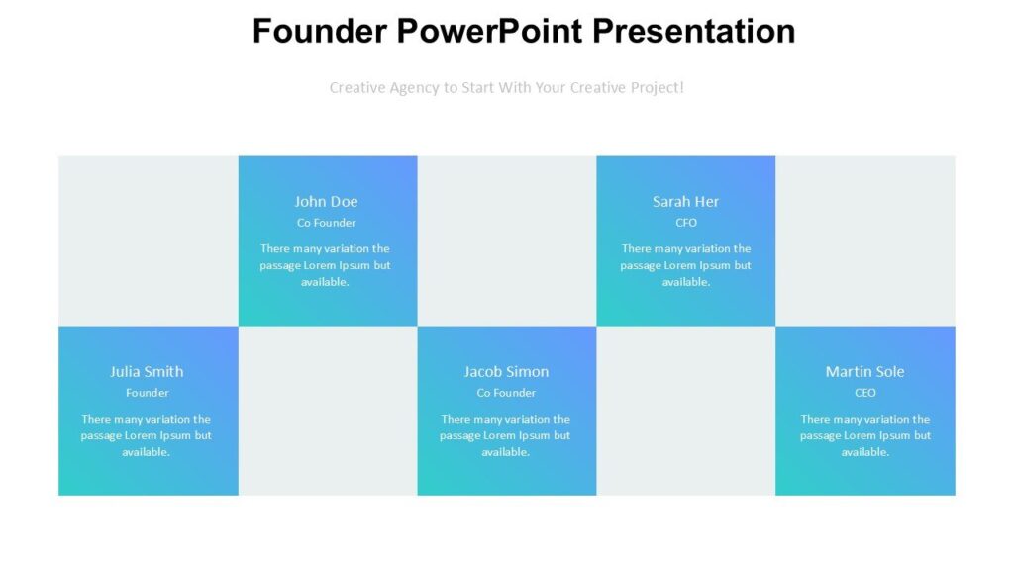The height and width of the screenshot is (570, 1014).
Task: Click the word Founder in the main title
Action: (x=319, y=31)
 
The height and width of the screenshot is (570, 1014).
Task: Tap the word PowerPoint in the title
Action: (x=489, y=31)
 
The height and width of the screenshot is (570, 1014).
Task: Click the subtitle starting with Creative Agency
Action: (x=506, y=87)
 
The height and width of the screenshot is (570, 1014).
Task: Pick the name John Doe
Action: (x=326, y=201)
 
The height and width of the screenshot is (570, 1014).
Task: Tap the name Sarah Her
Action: (x=685, y=201)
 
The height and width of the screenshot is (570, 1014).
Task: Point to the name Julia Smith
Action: (x=147, y=371)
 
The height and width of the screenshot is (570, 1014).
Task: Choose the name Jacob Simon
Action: (x=506, y=371)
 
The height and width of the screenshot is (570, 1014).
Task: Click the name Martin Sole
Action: (x=864, y=371)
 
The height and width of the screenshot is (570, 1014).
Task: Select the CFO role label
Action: (x=685, y=223)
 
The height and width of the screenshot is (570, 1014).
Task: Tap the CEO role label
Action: (x=864, y=393)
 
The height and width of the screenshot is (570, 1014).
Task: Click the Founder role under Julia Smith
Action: (x=147, y=393)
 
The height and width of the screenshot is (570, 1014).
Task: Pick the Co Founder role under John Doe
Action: (x=326, y=223)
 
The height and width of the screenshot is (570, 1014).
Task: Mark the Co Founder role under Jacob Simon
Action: (x=506, y=393)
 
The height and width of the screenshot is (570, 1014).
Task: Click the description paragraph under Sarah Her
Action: (x=685, y=265)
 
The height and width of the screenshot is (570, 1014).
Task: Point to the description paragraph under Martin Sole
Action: (x=864, y=435)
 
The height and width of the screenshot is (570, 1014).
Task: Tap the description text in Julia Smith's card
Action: (x=147, y=435)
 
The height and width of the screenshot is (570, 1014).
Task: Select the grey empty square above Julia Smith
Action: (x=148, y=240)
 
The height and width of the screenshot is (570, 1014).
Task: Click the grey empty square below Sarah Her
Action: (x=685, y=411)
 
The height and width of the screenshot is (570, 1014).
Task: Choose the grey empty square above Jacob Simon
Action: (x=506, y=240)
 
